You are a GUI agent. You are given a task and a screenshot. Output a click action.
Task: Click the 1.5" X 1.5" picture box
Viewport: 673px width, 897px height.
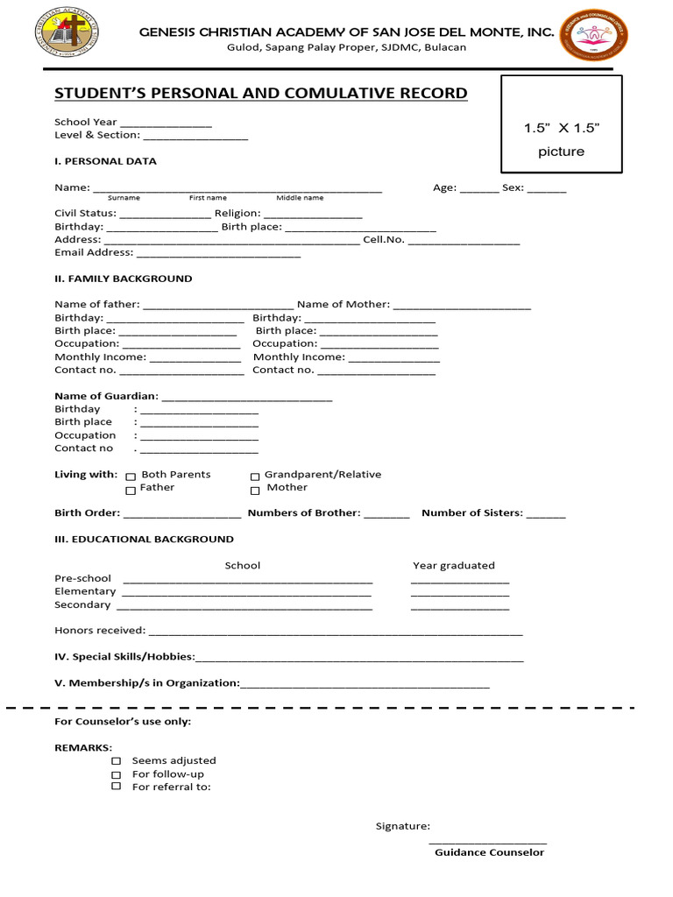click(561, 124)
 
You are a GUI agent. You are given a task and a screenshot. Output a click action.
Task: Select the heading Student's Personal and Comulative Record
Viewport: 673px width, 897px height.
click(260, 94)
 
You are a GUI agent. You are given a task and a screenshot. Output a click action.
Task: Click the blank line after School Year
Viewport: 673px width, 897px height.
click(166, 124)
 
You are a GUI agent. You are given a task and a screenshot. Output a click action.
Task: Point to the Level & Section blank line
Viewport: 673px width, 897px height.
click(195, 137)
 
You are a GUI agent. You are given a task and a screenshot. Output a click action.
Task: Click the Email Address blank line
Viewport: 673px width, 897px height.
click(218, 254)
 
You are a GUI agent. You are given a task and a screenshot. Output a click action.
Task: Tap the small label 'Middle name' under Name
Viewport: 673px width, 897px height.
click(300, 199)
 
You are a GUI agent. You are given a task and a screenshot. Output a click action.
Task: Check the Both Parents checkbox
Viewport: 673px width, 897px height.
click(131, 476)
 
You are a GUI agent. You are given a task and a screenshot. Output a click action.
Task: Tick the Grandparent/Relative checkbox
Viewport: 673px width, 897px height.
click(255, 476)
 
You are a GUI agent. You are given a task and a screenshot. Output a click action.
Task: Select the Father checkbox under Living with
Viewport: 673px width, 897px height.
click(131, 490)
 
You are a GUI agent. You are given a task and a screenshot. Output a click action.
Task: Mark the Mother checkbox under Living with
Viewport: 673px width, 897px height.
click(255, 490)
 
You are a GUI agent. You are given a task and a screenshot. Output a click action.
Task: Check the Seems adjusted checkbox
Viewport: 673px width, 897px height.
click(116, 761)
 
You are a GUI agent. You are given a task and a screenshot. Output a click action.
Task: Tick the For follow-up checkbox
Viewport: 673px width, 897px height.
click(116, 774)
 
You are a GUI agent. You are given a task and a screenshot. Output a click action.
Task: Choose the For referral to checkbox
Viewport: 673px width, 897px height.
click(116, 787)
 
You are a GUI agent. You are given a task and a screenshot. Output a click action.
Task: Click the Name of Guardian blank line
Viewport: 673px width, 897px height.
click(247, 399)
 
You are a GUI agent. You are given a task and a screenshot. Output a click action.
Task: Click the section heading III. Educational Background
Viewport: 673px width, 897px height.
click(144, 540)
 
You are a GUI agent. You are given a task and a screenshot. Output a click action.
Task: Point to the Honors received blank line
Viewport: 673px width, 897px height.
click(336, 632)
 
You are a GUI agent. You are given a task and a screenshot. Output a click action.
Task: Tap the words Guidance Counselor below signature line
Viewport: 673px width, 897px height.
click(489, 853)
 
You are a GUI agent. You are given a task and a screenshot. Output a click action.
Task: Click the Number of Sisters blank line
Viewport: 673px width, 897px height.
click(546, 515)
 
